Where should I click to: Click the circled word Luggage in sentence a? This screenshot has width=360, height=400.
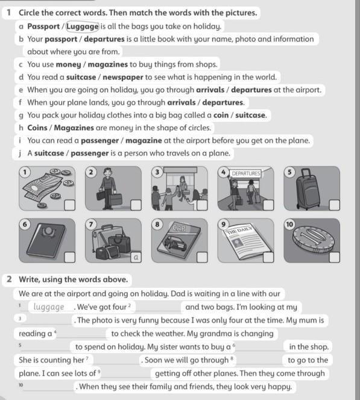tap(83, 27)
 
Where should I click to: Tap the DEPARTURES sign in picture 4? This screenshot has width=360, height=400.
tap(246, 174)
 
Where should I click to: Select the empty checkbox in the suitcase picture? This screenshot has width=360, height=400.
tap(334, 205)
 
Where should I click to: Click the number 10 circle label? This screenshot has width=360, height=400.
tap(289, 224)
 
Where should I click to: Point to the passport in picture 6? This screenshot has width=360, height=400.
tap(46, 240)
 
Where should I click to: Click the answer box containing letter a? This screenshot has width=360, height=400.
tap(136, 257)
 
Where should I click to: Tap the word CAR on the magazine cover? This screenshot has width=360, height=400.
tap(179, 228)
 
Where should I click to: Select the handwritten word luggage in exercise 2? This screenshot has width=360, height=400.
tap(49, 307)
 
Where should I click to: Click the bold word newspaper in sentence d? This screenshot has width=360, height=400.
tap(123, 77)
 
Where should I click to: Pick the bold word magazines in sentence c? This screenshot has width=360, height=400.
tap(108, 65)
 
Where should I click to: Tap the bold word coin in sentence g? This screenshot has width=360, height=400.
tap(221, 115)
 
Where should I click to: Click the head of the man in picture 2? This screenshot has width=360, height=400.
tap(108, 172)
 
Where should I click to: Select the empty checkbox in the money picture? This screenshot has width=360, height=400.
tap(69, 205)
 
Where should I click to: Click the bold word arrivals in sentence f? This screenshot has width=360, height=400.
tap(182, 103)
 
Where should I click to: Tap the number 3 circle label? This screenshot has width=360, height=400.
tap(157, 172)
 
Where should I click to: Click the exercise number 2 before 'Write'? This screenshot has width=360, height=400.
tap(9, 279)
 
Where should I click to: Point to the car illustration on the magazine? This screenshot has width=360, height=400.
tap(176, 243)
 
